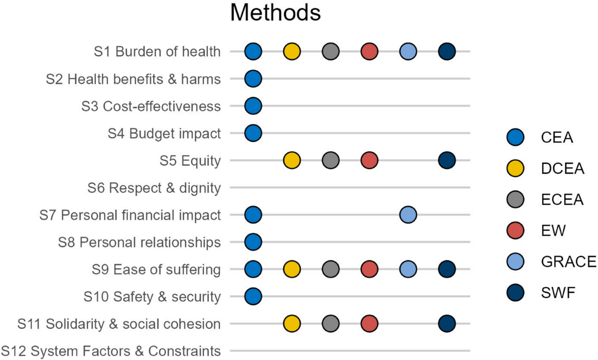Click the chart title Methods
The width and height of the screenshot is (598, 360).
[x=275, y=13]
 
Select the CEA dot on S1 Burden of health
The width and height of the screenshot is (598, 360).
[x=253, y=51]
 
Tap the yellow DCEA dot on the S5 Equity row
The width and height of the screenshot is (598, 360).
[x=292, y=160]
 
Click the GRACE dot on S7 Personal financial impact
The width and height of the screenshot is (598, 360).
[x=408, y=215]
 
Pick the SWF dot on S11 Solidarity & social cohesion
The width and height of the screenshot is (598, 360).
[x=447, y=324]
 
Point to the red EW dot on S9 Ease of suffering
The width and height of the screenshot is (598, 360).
[x=369, y=270]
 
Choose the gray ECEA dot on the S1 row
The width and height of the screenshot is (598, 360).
[x=330, y=51]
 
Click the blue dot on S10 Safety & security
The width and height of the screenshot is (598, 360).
[x=253, y=297]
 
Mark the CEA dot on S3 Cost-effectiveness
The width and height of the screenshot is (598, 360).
[x=253, y=106]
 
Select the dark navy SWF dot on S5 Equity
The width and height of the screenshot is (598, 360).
[x=447, y=160]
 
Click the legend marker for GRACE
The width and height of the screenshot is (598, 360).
[x=515, y=261]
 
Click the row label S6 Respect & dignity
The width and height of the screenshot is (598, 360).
[x=153, y=188]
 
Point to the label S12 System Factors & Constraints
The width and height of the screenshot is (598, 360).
[x=111, y=352]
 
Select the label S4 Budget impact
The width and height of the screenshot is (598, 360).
[x=164, y=133]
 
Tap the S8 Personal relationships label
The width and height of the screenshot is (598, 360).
[x=139, y=242]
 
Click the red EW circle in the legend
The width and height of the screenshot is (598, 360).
[x=515, y=230]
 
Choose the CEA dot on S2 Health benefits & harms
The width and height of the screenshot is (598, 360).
[x=253, y=79]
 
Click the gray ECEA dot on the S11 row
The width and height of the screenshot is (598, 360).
[x=330, y=324]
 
